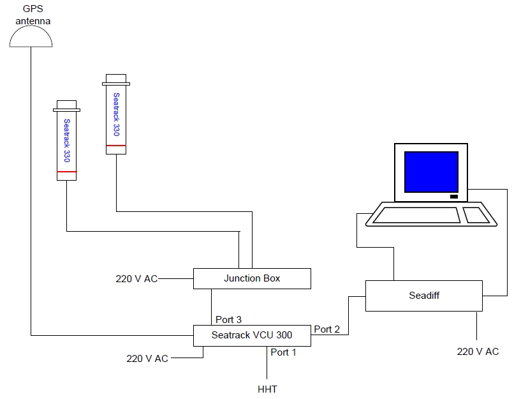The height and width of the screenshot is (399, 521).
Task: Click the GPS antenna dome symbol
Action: click(31, 38)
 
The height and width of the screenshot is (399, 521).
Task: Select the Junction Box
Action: click(251, 278)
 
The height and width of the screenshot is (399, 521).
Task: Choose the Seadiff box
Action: click(424, 296)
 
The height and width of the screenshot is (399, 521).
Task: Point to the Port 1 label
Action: click(284, 352)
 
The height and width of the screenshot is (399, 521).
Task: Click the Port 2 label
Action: click(327, 329)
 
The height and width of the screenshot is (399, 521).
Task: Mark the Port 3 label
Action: click(228, 319)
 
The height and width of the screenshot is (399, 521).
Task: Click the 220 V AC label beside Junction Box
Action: click(136, 278)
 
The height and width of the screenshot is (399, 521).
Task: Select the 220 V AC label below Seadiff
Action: click(478, 351)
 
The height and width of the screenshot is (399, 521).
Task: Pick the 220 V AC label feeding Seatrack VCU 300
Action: click(147, 358)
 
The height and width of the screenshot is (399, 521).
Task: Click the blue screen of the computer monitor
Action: click(431, 171)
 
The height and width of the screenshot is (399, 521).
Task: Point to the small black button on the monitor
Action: click(453, 196)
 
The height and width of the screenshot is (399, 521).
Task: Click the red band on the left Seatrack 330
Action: click(66, 172)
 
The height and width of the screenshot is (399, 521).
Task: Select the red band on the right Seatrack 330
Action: click(115, 146)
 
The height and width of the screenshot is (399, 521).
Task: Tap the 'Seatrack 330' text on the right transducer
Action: click(116, 115)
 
